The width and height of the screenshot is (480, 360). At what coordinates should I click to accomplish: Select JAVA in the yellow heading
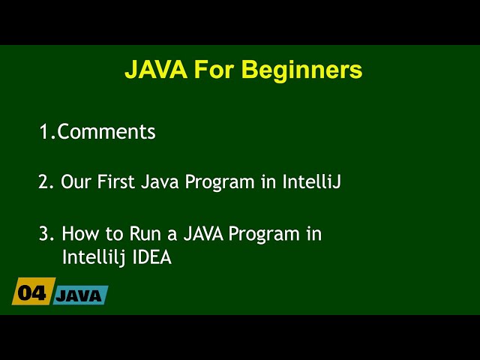pyautogui.click(x=155, y=70)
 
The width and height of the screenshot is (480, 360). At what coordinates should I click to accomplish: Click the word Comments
pyautogui.click(x=106, y=132)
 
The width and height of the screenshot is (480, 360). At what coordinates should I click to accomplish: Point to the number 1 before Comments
pyautogui.click(x=43, y=132)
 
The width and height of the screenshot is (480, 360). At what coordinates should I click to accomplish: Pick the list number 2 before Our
pyautogui.click(x=44, y=182)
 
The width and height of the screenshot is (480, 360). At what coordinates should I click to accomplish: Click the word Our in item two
pyautogui.click(x=76, y=182)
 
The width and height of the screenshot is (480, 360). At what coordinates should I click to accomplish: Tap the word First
pyautogui.click(x=116, y=182)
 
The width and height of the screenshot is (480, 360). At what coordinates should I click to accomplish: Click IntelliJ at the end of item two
pyautogui.click(x=311, y=182)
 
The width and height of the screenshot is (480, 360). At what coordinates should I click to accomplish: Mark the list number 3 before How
pyautogui.click(x=44, y=234)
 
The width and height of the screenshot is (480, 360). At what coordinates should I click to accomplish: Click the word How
pyautogui.click(x=79, y=234)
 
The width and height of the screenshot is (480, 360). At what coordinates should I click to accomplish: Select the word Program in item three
pyautogui.click(x=264, y=234)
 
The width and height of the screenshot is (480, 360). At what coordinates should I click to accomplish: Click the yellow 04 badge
pyautogui.click(x=32, y=293)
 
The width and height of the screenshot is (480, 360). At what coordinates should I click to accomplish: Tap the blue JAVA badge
pyautogui.click(x=80, y=295)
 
